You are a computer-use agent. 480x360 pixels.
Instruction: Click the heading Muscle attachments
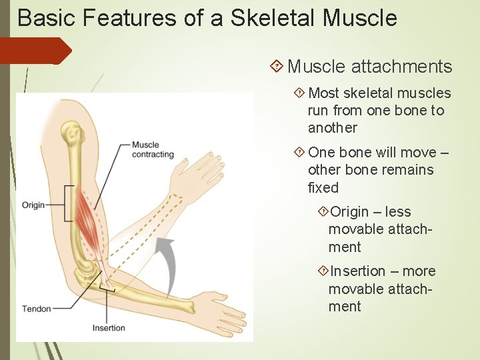point(369,67)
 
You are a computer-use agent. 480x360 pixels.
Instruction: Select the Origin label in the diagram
point(33,205)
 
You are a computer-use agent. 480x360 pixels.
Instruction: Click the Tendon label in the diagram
point(36,309)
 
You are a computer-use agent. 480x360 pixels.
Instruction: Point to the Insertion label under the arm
point(109,328)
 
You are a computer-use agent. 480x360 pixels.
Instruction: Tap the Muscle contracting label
point(153,150)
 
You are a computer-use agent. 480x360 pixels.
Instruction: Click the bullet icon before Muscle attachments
point(277,67)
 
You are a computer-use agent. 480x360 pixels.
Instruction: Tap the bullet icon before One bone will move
point(299,153)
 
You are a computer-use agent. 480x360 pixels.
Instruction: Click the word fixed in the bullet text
point(323,188)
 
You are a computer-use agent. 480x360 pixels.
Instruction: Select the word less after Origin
point(398,212)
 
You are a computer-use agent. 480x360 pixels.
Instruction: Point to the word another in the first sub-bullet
point(333,128)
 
